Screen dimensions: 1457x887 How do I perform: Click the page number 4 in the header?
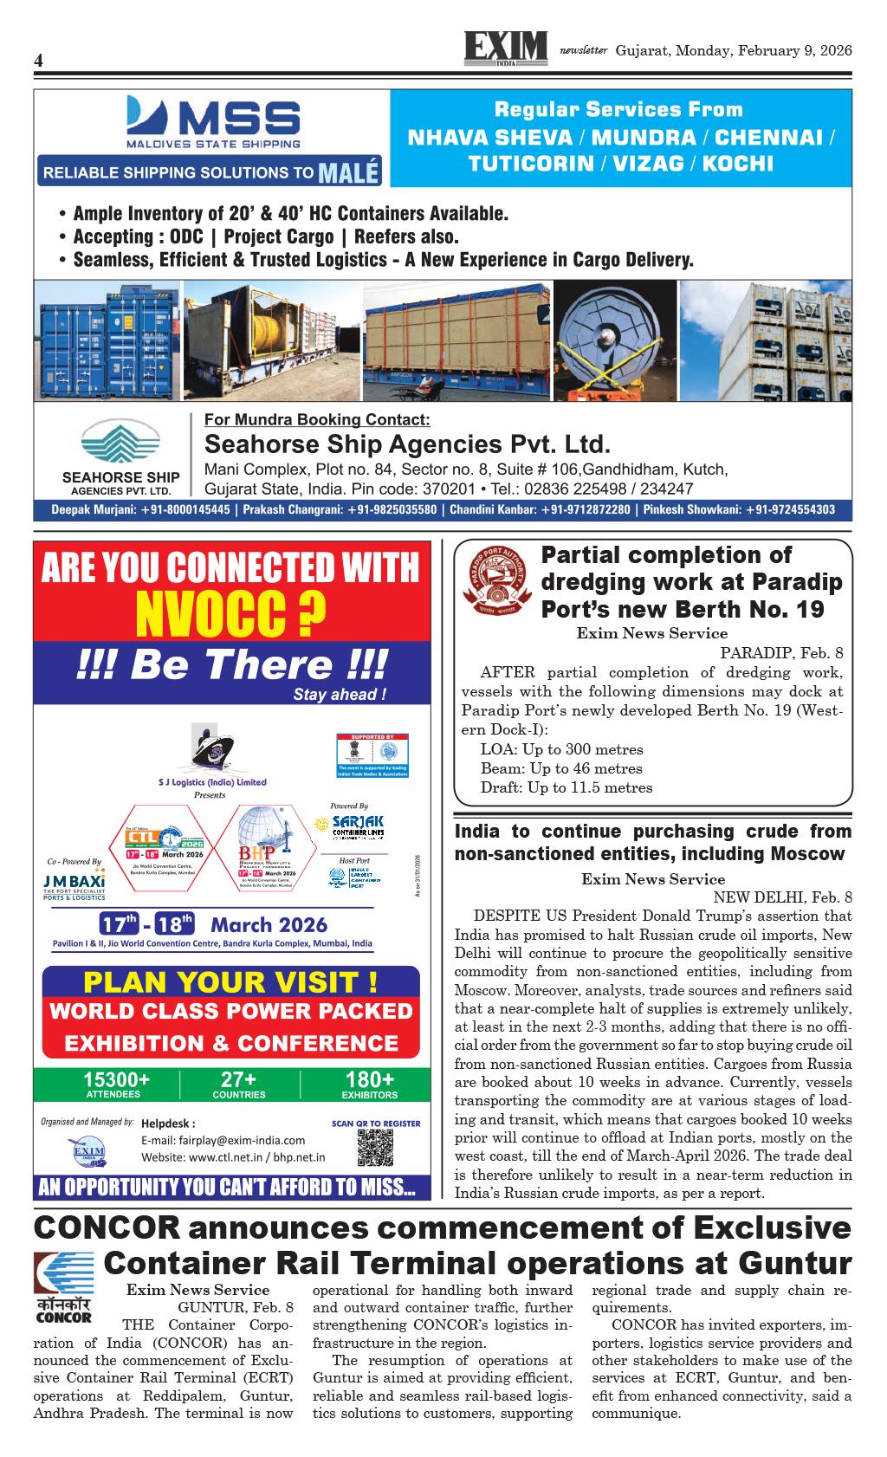point(38,61)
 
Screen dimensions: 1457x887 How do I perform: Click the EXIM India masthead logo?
point(506,48)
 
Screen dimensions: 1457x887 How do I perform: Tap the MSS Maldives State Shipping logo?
point(213,122)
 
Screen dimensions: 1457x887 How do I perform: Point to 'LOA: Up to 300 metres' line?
point(561,749)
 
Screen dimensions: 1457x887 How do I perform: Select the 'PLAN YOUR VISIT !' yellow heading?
point(230,982)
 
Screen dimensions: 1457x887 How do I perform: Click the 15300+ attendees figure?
point(116,1080)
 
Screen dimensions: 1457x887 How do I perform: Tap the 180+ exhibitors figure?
point(369,1080)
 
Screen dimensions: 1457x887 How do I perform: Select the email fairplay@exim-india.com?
point(223,1140)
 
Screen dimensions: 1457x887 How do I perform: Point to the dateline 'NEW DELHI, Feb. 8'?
point(782,897)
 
